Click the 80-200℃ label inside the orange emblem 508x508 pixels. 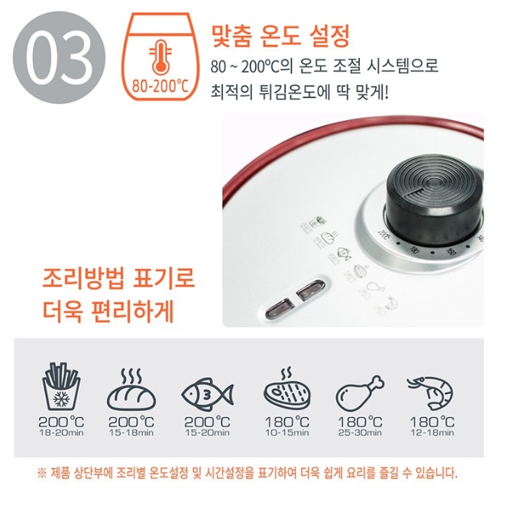click(160, 84)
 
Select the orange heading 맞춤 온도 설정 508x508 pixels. click(280, 34)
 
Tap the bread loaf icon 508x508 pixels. click(131, 390)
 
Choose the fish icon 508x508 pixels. click(207, 393)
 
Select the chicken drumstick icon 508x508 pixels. click(359, 390)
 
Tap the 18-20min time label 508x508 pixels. click(60, 432)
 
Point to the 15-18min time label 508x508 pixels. click(131, 432)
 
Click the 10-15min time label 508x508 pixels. click(286, 432)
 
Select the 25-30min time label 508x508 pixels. click(359, 432)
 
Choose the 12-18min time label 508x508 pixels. click(432, 432)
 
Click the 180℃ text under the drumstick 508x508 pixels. click(359, 421)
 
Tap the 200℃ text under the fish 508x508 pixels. click(207, 421)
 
